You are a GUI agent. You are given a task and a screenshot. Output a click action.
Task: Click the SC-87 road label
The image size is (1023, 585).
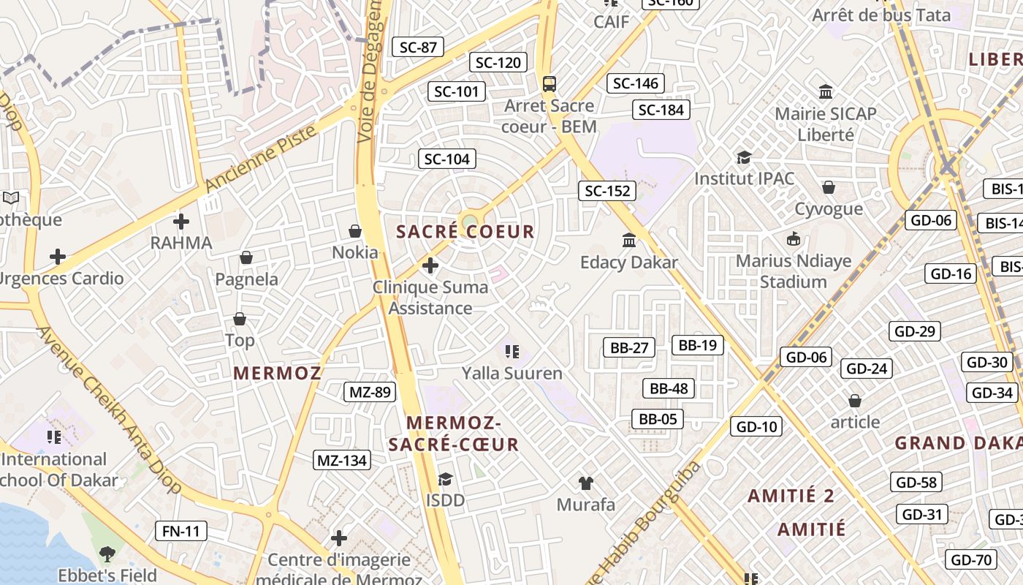418,48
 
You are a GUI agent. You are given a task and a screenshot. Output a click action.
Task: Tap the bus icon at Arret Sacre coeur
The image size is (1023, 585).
549,84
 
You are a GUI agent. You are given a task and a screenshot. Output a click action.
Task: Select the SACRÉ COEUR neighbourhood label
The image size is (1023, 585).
465,233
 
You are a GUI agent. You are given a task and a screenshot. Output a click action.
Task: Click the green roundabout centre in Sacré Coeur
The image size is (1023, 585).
469,220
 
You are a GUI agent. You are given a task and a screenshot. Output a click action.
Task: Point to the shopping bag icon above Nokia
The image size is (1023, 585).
355,231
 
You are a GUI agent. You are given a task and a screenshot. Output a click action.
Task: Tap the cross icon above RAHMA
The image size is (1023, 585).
181,221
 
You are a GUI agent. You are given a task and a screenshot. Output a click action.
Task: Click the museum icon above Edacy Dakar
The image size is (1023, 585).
629,240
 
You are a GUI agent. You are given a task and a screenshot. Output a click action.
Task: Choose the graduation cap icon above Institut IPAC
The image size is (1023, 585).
744,157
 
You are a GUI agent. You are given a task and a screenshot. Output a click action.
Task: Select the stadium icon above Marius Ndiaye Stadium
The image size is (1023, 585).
794,238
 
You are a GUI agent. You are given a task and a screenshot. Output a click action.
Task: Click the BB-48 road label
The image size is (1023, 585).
669,388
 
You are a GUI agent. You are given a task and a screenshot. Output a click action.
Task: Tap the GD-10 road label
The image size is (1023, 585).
756,426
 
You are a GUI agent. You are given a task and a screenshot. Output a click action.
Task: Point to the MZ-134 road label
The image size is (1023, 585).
342,460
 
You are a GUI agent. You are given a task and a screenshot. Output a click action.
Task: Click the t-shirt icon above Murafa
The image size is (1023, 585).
585,483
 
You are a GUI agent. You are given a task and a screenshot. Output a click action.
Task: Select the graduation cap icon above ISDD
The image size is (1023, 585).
445,479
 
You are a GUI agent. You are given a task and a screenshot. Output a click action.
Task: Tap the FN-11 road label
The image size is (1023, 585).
181,531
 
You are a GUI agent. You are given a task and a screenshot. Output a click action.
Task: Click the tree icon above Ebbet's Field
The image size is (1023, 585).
107,554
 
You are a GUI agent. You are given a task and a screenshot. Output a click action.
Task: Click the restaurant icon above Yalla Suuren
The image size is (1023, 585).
512,352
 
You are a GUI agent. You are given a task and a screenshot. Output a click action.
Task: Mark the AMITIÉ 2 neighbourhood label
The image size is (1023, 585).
791,496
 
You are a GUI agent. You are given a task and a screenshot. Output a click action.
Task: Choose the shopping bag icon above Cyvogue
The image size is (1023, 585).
829,188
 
